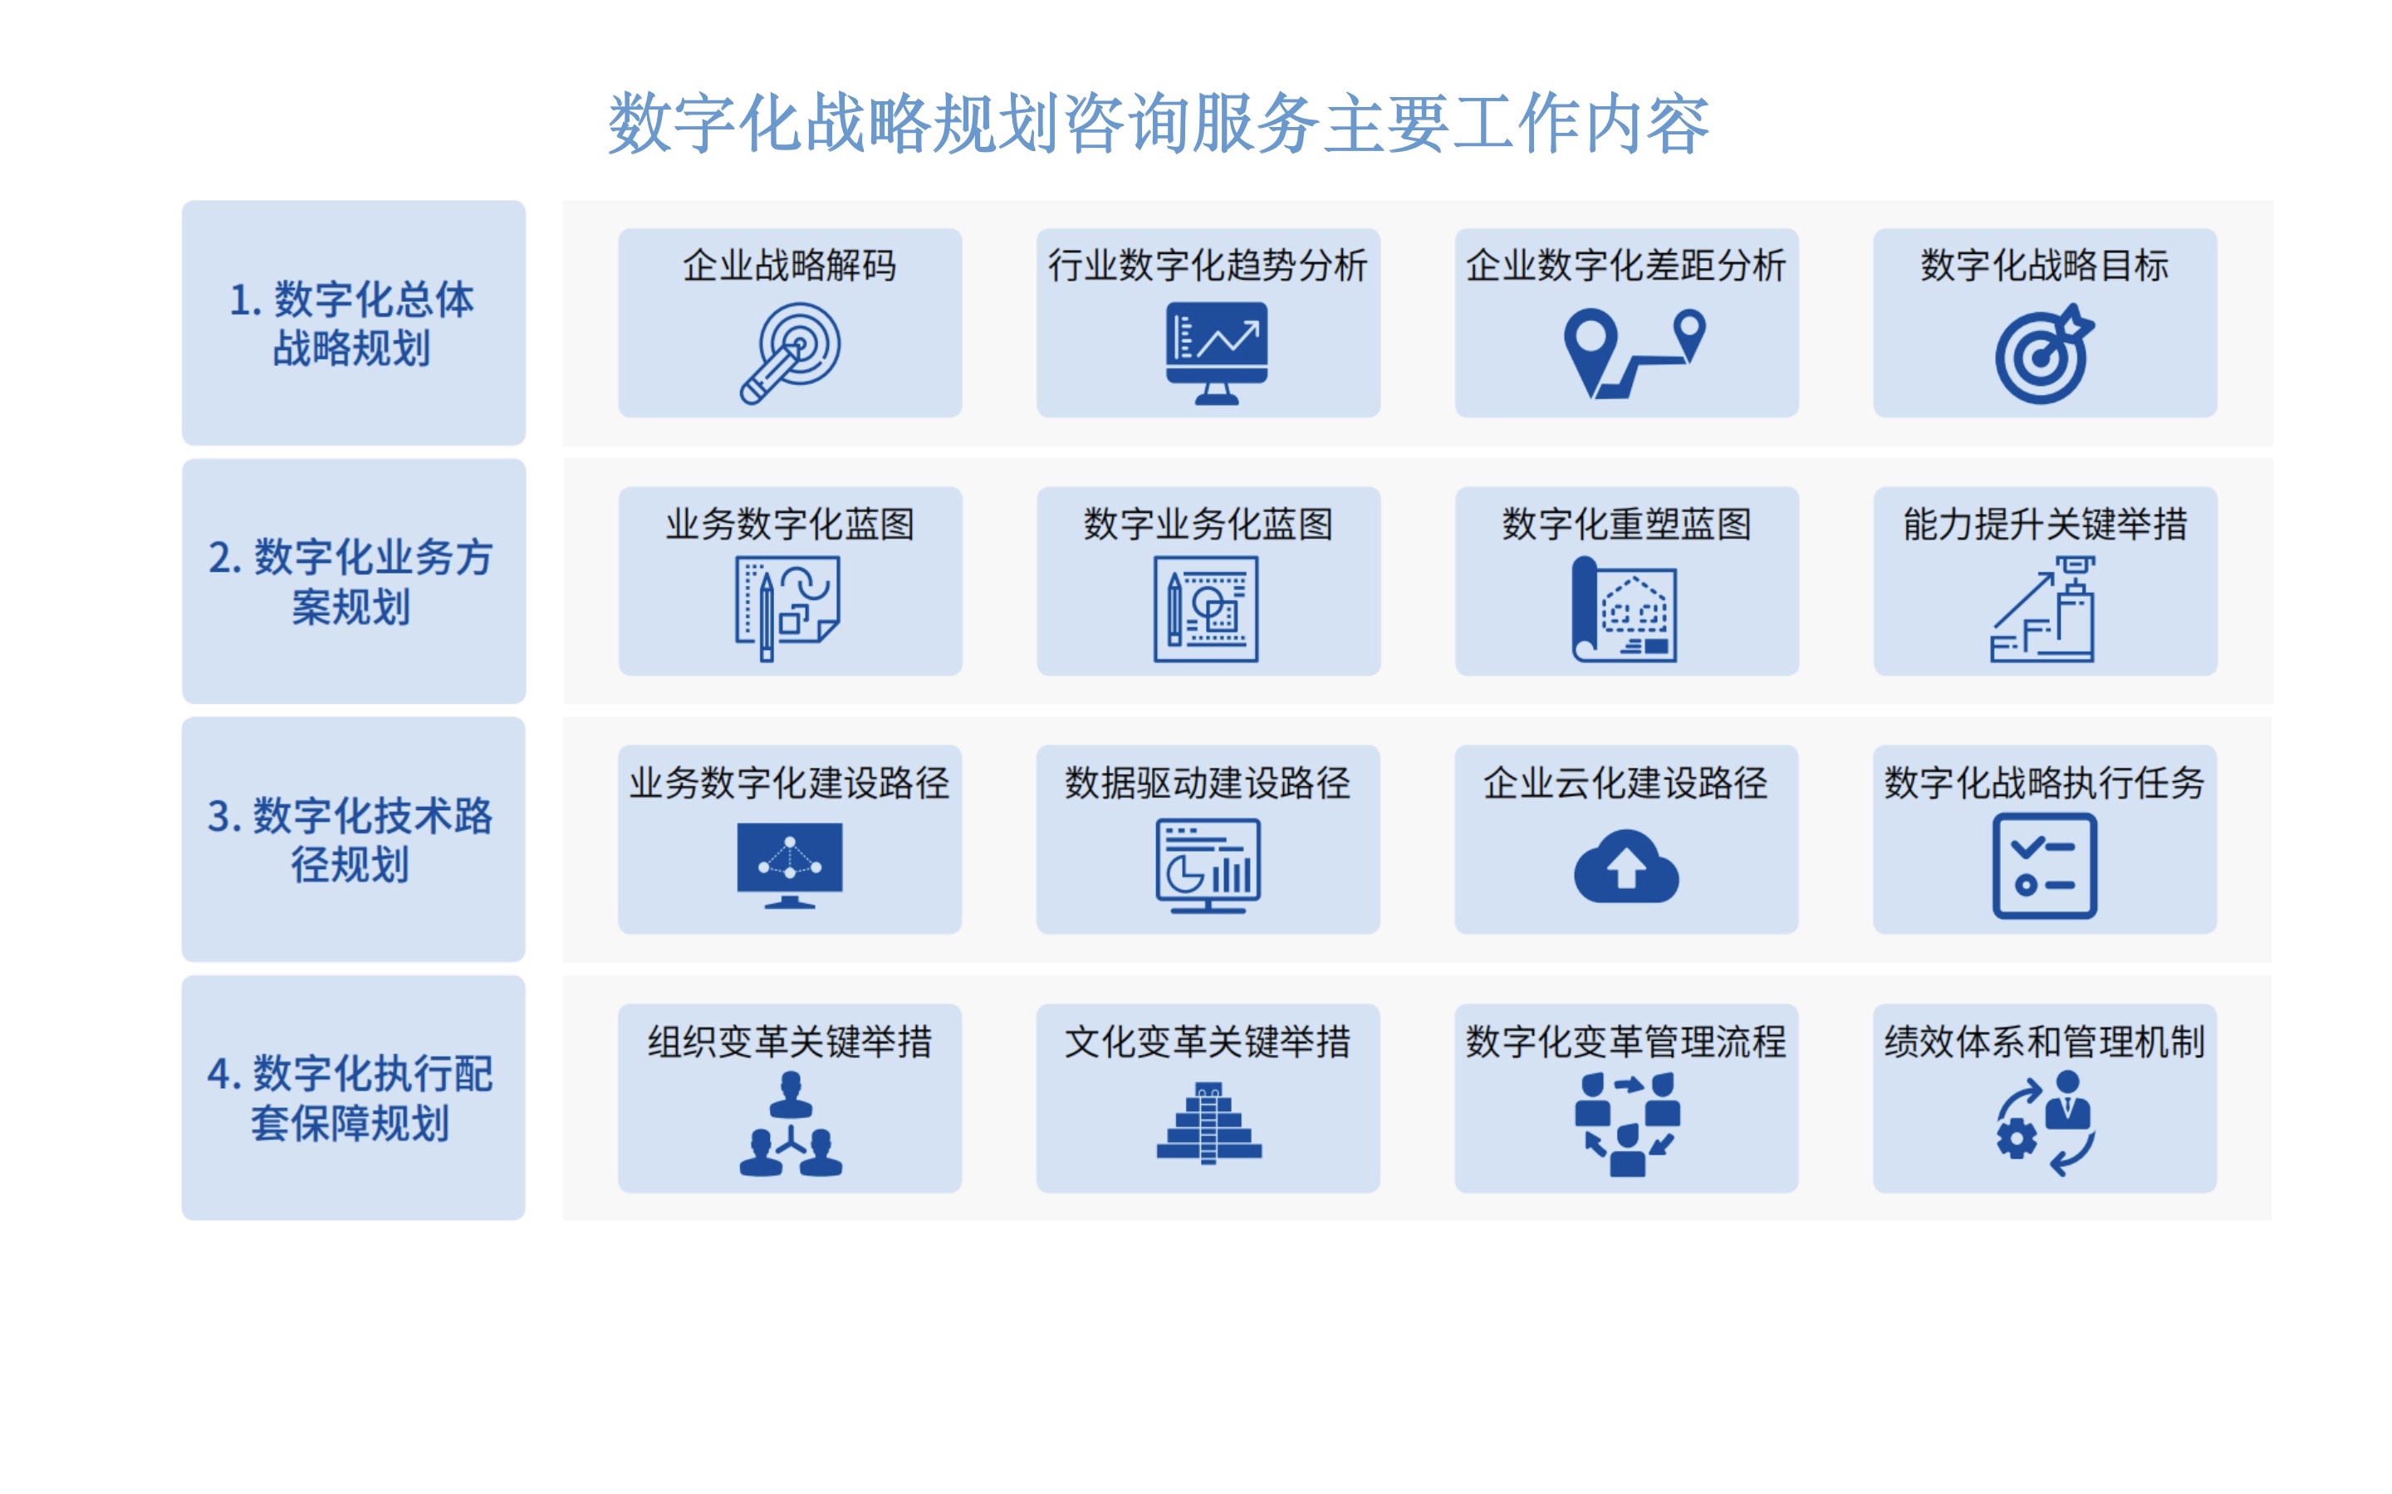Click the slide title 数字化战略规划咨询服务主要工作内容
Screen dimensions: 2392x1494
pyautogui.click(x=1159, y=124)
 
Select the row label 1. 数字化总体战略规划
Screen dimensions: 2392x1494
pyautogui.click(x=352, y=324)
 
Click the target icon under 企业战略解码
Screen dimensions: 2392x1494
pyautogui.click(x=790, y=354)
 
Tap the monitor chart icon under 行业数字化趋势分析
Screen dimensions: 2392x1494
pyautogui.click(x=1217, y=354)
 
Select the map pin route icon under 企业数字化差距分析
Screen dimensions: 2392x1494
pyautogui.click(x=1635, y=354)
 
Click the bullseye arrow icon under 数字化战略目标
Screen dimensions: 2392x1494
pyautogui.click(x=2044, y=354)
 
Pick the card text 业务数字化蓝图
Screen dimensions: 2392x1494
pyautogui.click(x=790, y=524)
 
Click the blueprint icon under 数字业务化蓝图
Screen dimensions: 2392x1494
pyautogui.click(x=1206, y=608)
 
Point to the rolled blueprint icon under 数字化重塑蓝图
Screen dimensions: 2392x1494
pyautogui.click(x=1624, y=608)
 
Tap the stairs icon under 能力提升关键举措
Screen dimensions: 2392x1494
pyautogui.click(x=2042, y=608)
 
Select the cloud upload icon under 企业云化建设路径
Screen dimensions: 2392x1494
pyautogui.click(x=1626, y=867)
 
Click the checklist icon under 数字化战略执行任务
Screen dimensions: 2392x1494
pyautogui.click(x=2044, y=867)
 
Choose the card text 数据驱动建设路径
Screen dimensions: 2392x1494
pyautogui.click(x=1208, y=783)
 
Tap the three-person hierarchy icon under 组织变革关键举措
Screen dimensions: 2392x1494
pyautogui.click(x=790, y=1125)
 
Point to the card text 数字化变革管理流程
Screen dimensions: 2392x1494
pyautogui.click(x=1626, y=1042)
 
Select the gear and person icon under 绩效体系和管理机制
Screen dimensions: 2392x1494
pyautogui.click(x=2044, y=1125)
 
